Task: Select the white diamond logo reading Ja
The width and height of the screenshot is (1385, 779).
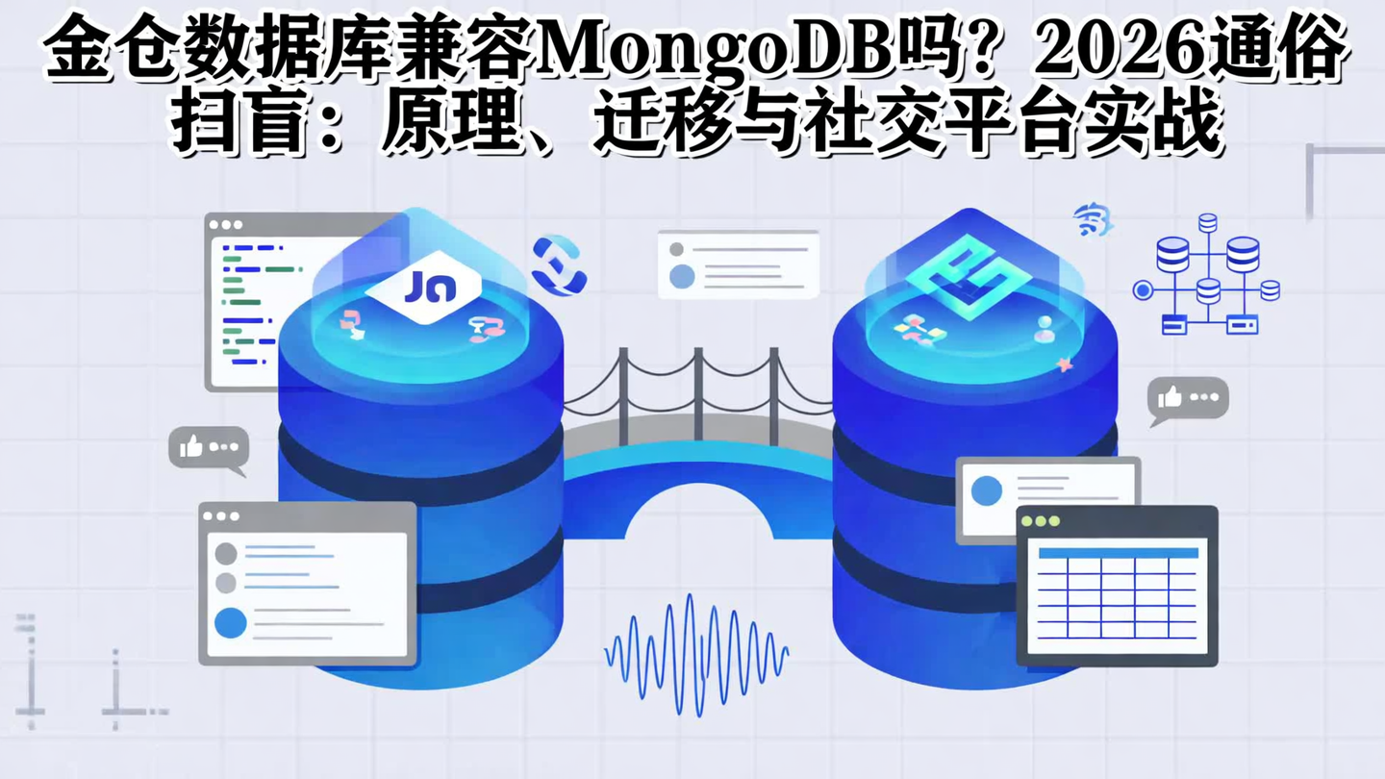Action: pos(424,287)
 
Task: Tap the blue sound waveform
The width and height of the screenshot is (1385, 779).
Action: pos(696,654)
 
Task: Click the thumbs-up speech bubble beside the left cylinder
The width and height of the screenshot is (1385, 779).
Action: pos(208,448)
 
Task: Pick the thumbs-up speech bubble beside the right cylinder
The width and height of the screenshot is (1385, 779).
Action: pos(1189,398)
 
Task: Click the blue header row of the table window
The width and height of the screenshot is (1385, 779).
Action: pos(1118,553)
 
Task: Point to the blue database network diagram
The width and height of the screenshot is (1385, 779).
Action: pos(1208,275)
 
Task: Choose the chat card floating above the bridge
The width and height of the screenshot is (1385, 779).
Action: pos(738,264)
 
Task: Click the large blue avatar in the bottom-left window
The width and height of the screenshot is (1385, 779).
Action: pos(231,623)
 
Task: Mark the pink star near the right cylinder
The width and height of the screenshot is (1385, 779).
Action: pos(1064,364)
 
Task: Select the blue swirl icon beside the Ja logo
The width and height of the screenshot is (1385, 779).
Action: pos(559,264)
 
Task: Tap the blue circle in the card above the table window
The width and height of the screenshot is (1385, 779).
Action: pos(987,490)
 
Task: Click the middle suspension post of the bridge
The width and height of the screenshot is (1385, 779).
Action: pos(698,394)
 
